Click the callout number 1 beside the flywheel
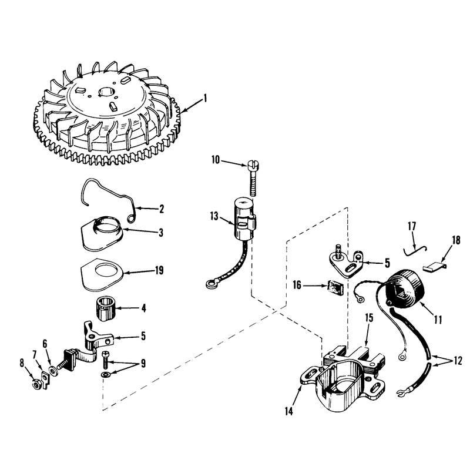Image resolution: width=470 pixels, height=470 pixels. coord(205,98)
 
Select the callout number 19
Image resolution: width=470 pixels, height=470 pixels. coord(159,270)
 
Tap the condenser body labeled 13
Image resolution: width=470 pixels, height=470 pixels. coord(243,219)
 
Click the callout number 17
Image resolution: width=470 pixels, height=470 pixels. coord(412,226)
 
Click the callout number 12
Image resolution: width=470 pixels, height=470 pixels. coord(458,361)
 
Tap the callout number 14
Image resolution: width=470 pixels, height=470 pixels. coord(288,412)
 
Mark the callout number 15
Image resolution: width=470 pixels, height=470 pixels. coord(369,318)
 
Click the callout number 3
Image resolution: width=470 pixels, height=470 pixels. coord(161,233)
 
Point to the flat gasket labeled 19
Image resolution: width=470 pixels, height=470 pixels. coord(102,274)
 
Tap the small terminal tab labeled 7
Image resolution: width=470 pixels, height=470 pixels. coord(45,380)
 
